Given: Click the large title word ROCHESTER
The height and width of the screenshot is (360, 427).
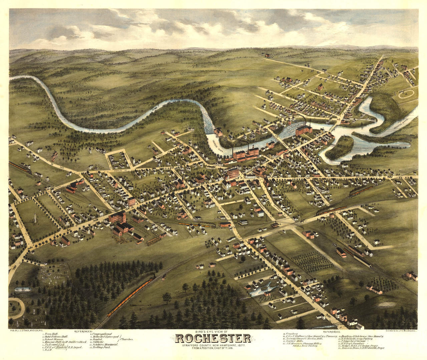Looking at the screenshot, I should (213, 338).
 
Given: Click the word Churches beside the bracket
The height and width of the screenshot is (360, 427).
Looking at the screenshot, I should (128, 339).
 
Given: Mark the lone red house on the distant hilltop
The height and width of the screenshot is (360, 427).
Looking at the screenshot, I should (267, 55).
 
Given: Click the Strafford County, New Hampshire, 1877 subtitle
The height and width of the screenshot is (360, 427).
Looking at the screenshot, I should (213, 346).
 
